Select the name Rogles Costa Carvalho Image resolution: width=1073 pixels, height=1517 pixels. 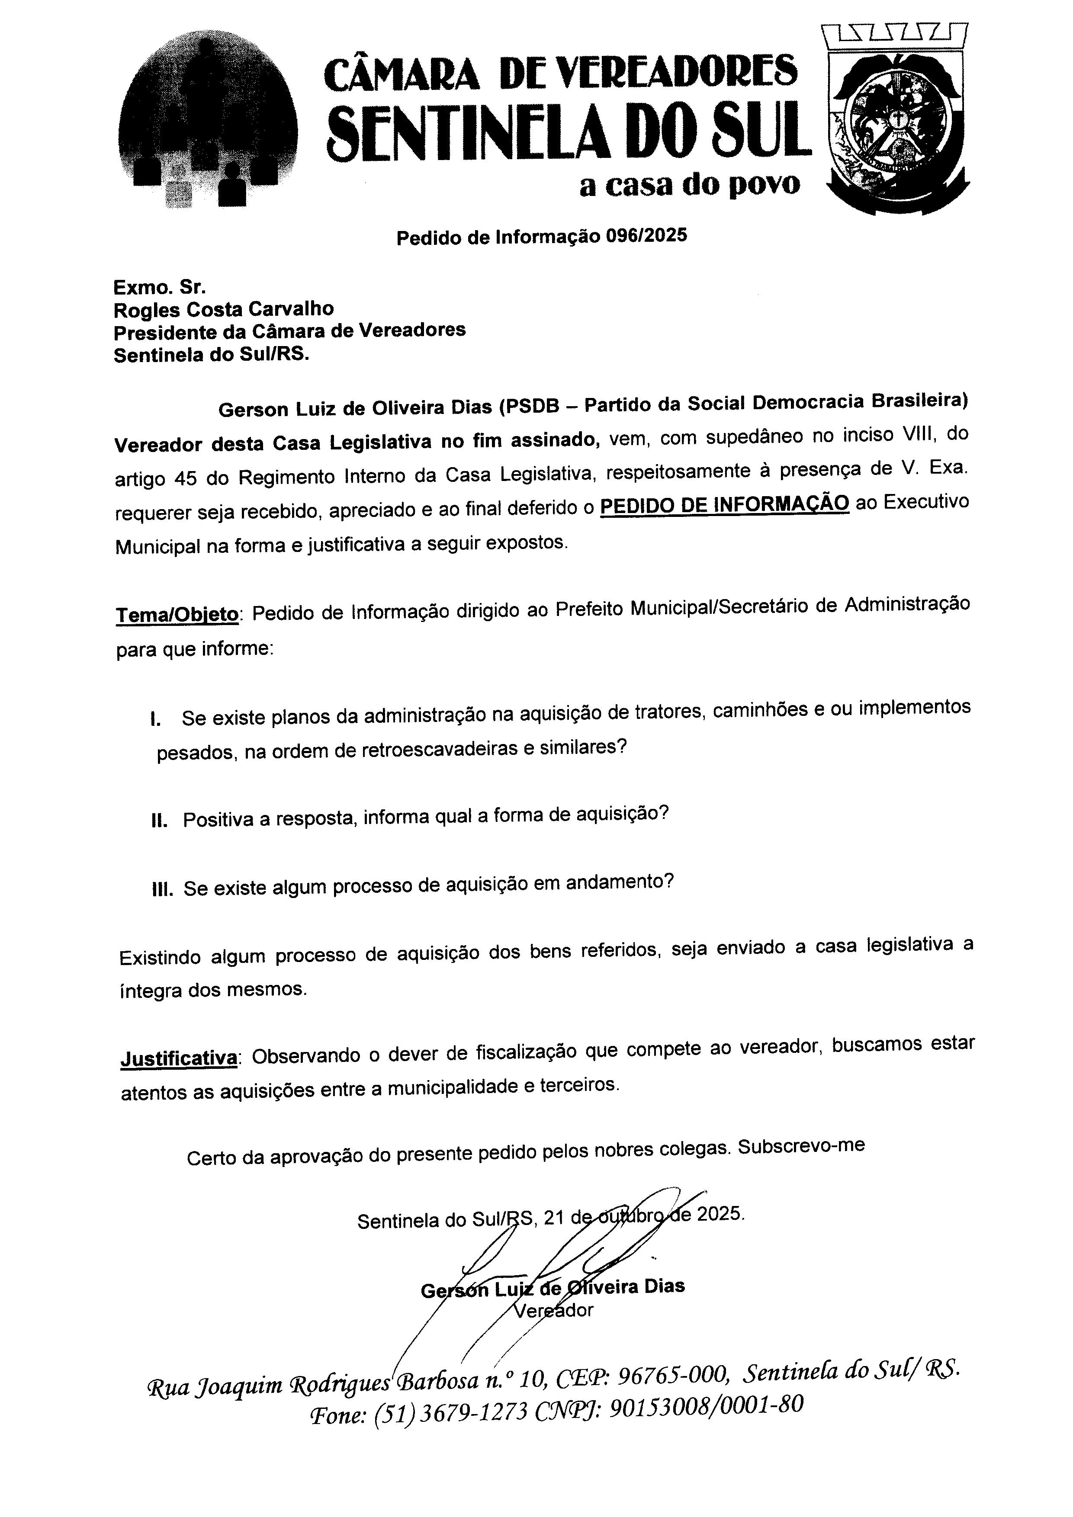[x=223, y=309]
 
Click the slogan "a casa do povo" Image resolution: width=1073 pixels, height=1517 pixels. [x=689, y=186]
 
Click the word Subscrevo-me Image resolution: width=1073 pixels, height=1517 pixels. [x=801, y=1146]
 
